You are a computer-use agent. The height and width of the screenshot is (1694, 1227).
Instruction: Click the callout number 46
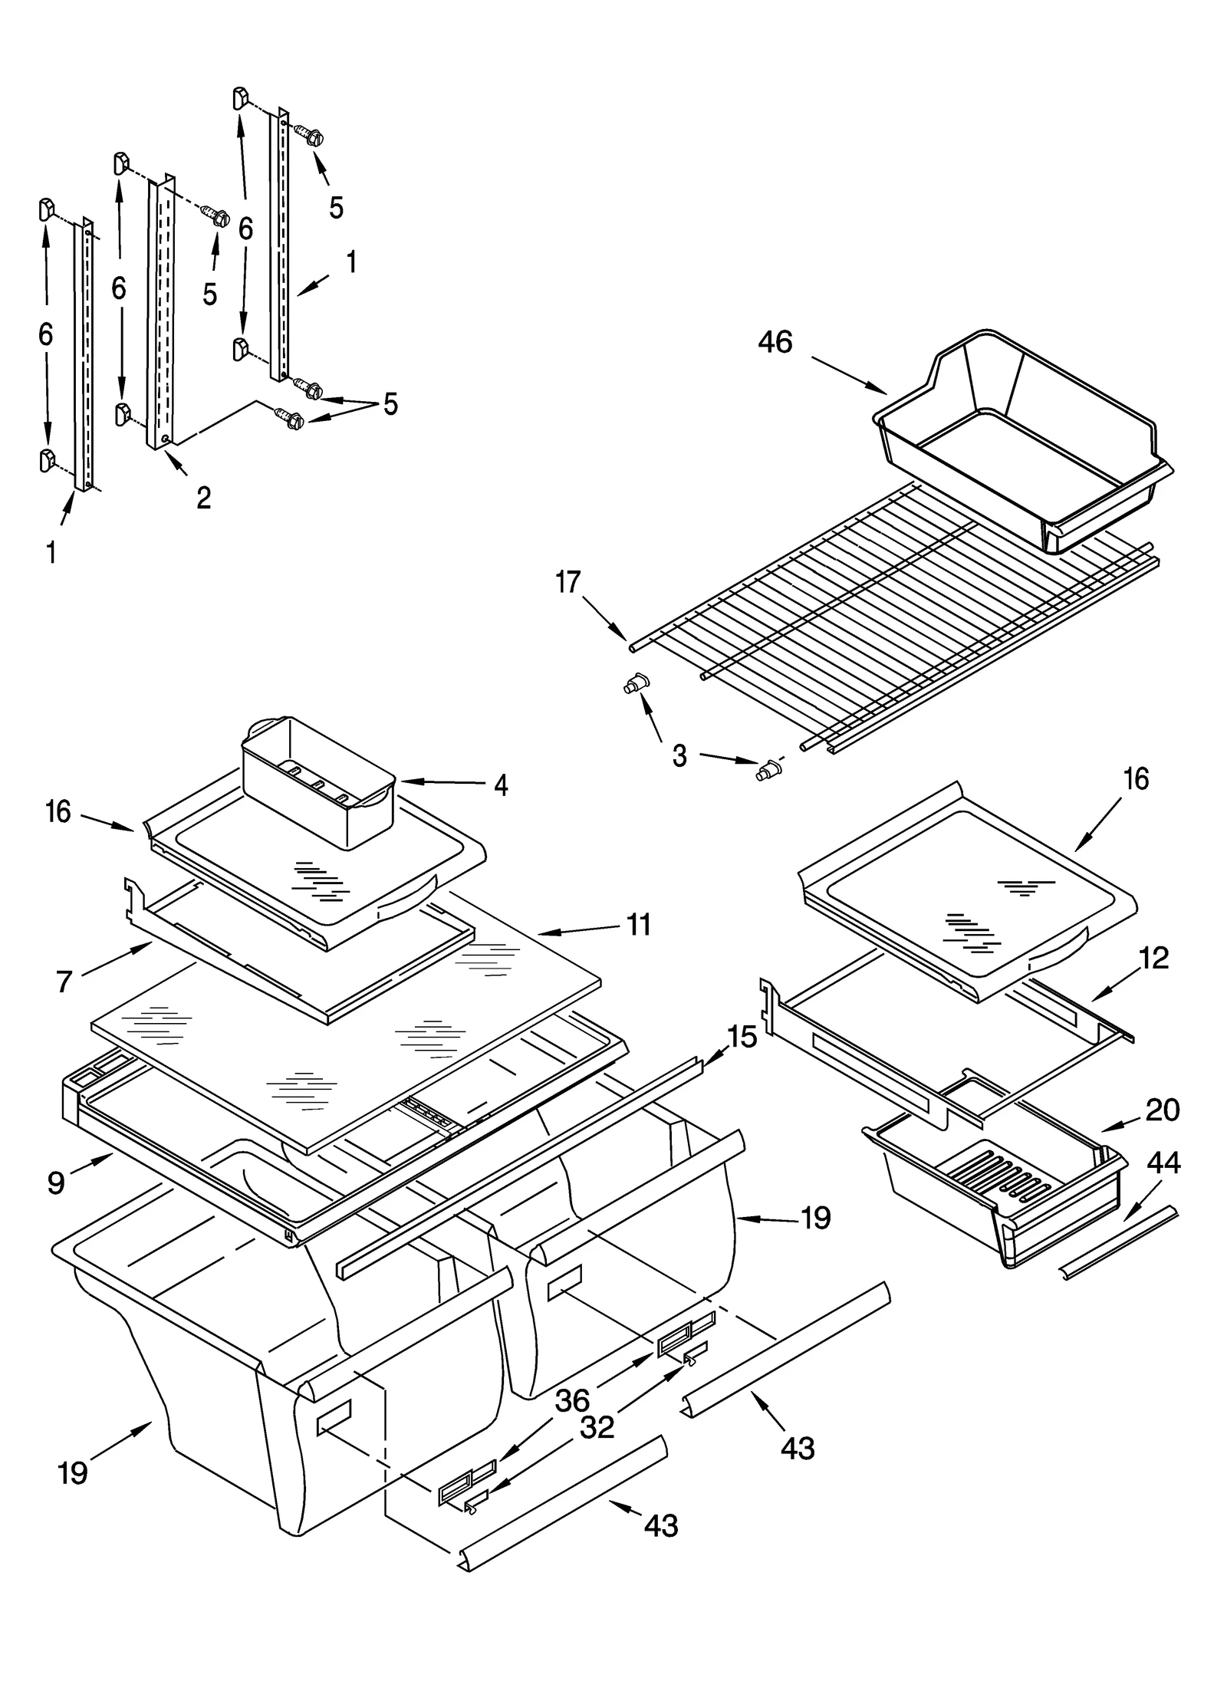775,342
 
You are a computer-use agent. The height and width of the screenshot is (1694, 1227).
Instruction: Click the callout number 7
64,981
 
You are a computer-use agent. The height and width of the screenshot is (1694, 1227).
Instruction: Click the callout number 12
1153,959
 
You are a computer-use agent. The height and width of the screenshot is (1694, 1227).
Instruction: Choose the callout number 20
1162,1110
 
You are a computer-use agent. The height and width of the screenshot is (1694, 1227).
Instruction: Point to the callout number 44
1163,1163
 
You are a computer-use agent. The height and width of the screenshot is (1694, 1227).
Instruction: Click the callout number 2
203,498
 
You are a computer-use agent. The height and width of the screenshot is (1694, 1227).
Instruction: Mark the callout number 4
500,785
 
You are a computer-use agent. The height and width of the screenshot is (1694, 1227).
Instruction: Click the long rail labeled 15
521,1166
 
